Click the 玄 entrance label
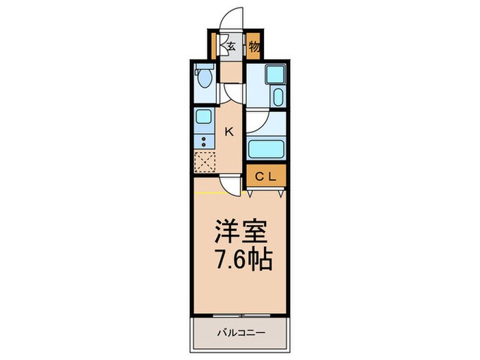[x=232, y=47]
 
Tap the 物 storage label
[x=253, y=47]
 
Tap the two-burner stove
[x=204, y=141]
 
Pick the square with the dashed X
[x=205, y=162]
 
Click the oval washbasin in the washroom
[x=278, y=96]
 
